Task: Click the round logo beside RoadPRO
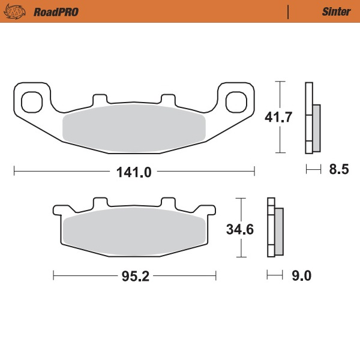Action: tap(22, 11)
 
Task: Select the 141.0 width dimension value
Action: tap(133, 171)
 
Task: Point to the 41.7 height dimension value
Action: tap(278, 117)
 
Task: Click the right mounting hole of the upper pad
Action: tap(237, 101)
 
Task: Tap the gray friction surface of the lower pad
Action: tap(134, 231)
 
